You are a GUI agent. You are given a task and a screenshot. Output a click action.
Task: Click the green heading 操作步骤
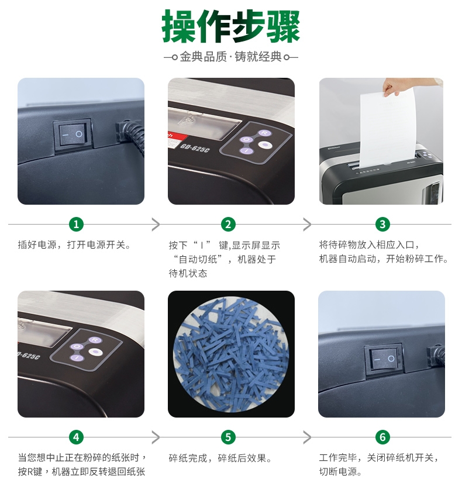pyautogui.click(x=231, y=26)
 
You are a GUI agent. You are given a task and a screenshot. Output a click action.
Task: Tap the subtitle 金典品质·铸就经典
pyautogui.click(x=231, y=57)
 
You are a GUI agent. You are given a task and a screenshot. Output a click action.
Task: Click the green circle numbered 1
pyautogui.click(x=76, y=224)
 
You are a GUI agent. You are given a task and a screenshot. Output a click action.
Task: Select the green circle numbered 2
pyautogui.click(x=228, y=224)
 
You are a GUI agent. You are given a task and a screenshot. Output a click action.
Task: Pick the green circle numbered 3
pyautogui.click(x=382, y=224)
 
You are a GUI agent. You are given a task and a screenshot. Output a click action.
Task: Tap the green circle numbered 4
pyautogui.click(x=76, y=437)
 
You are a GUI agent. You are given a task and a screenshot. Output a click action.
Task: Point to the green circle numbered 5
pyautogui.click(x=228, y=437)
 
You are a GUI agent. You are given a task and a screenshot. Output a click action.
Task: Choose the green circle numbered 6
pyautogui.click(x=382, y=437)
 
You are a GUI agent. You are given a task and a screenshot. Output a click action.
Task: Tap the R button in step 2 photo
pyautogui.click(x=264, y=133)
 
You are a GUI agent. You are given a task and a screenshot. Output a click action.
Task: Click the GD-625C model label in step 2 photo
pyautogui.click(x=195, y=148)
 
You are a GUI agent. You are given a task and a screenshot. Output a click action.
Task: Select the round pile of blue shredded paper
pyautogui.click(x=231, y=354)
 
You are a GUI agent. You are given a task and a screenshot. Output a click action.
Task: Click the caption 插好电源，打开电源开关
pyautogui.click(x=74, y=245)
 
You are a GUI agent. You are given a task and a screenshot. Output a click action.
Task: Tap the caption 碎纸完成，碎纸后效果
pyautogui.click(x=220, y=458)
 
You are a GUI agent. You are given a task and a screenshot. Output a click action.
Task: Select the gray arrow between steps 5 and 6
pyautogui.click(x=307, y=437)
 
